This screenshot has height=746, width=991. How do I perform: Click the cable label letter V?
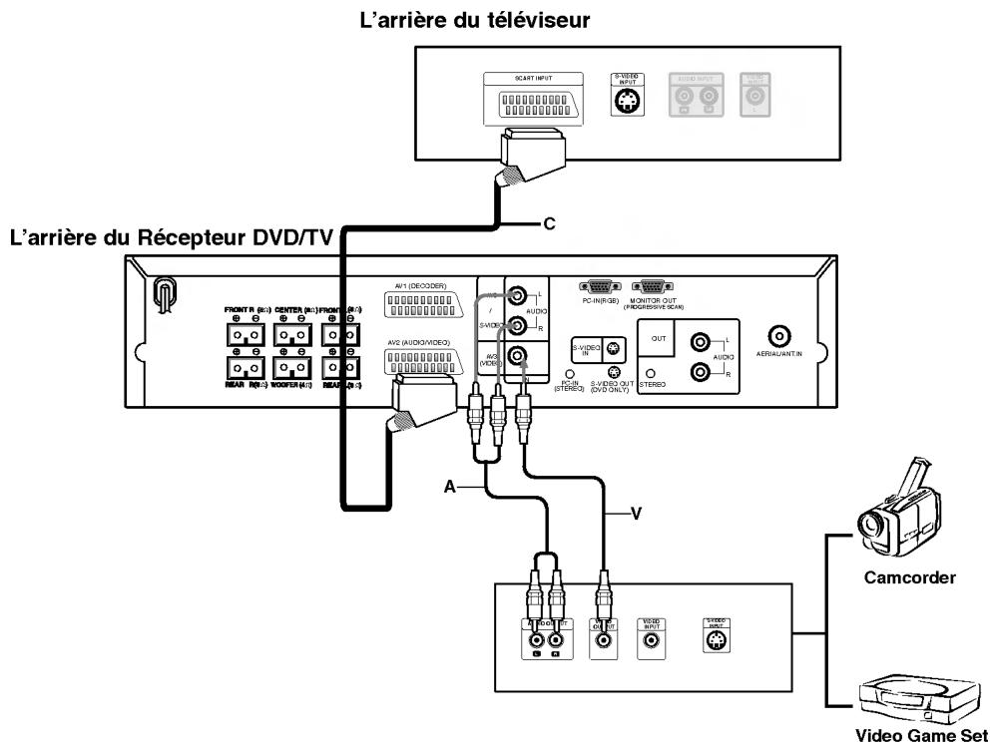click(x=636, y=515)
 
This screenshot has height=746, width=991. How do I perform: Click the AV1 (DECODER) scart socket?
click(x=425, y=306)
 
